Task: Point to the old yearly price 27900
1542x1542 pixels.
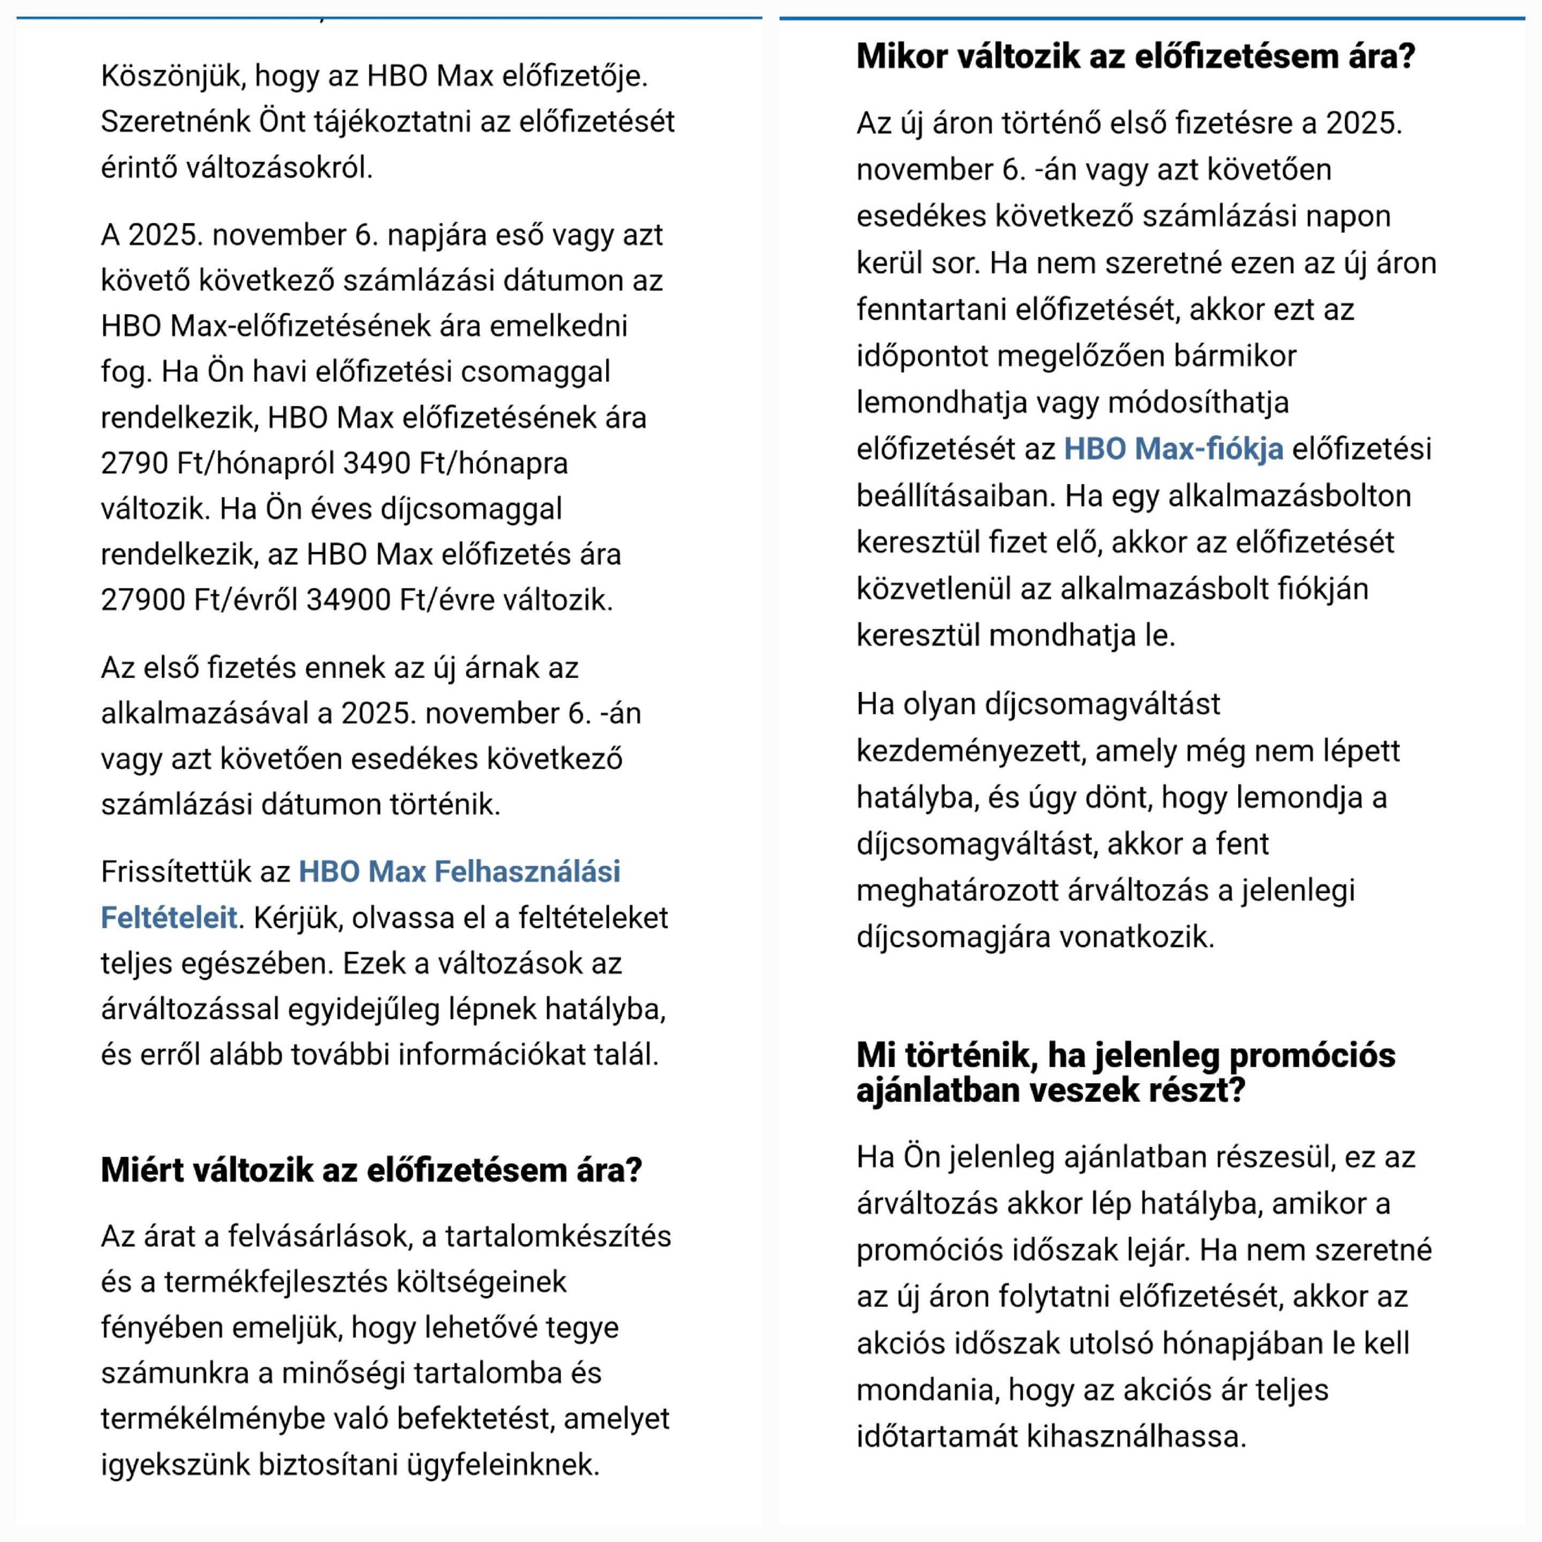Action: [143, 600]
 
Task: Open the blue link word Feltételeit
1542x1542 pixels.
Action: [169, 918]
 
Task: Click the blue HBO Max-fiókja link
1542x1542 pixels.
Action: [1173, 449]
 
